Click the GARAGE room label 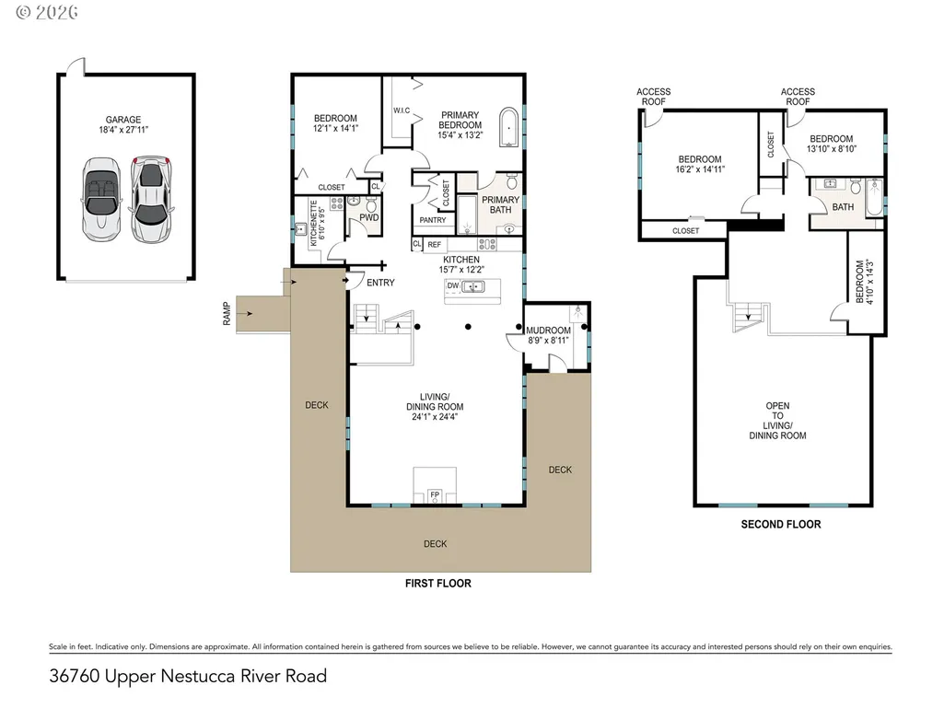coord(123,120)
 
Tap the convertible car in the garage coord(101,199)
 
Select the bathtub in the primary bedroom coord(508,128)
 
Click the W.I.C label coord(402,110)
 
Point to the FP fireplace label coord(435,495)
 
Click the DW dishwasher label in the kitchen coord(453,286)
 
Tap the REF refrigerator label coord(435,244)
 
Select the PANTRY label coord(433,220)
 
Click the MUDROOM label coord(549,331)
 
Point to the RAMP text coord(227,314)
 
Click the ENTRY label coord(380,283)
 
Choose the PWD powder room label coord(369,217)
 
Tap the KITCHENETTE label coord(314,224)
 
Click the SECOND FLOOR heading coord(781,525)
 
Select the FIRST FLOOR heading coord(438,584)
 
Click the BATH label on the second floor coord(843,207)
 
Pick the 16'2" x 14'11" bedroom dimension coord(700,169)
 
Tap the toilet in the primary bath coord(512,180)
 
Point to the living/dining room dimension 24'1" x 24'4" coord(435,417)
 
